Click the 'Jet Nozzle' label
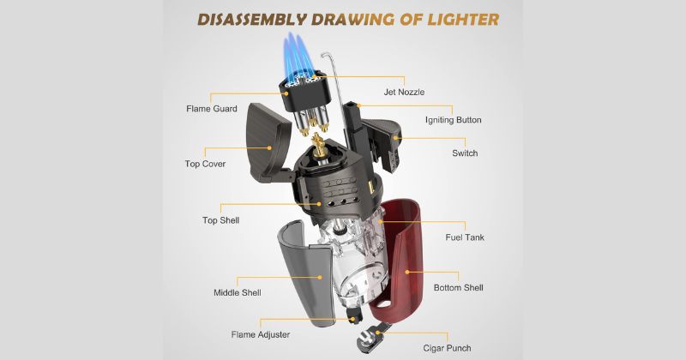pyautogui.click(x=404, y=93)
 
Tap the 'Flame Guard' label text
pyautogui.click(x=212, y=109)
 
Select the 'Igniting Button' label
pyautogui.click(x=454, y=120)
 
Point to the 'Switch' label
pyautogui.click(x=465, y=153)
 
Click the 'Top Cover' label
pyautogui.click(x=205, y=164)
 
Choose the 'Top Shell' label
pyautogui.click(x=221, y=220)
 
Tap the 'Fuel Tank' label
pyautogui.click(x=465, y=237)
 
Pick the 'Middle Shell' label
pyautogui.click(x=238, y=292)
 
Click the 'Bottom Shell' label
pyautogui.click(x=459, y=288)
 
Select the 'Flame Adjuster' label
pyautogui.click(x=261, y=334)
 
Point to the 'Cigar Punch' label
pyautogui.click(x=447, y=349)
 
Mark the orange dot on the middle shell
pyautogui.click(x=320, y=277)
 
